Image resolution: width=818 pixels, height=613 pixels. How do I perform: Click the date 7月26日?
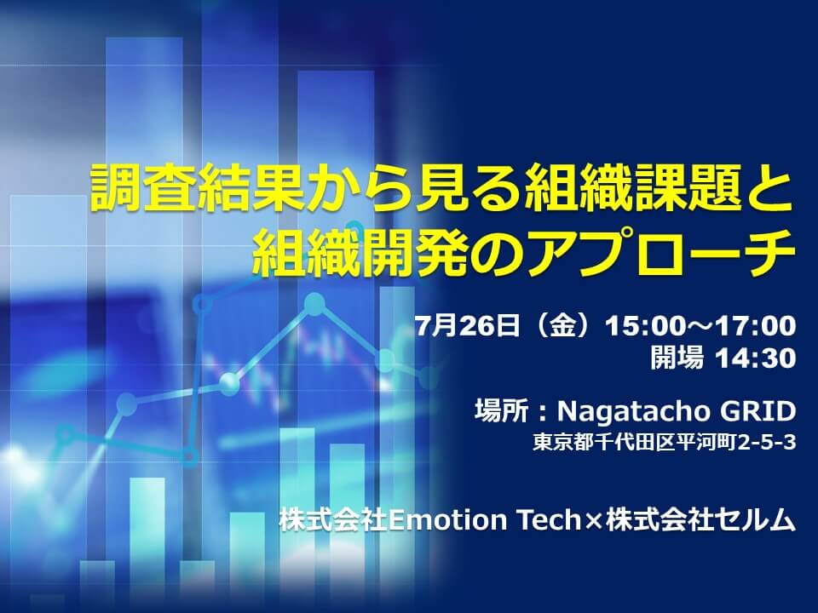(468, 326)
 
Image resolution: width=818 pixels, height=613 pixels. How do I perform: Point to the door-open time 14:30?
(755, 358)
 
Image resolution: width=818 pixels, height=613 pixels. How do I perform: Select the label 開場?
(677, 358)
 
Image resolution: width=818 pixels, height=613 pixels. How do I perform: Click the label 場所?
(501, 411)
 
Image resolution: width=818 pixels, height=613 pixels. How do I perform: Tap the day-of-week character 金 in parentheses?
(563, 326)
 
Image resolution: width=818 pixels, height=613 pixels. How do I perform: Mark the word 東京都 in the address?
(562, 443)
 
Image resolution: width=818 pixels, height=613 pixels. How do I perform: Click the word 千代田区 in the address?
(634, 443)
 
